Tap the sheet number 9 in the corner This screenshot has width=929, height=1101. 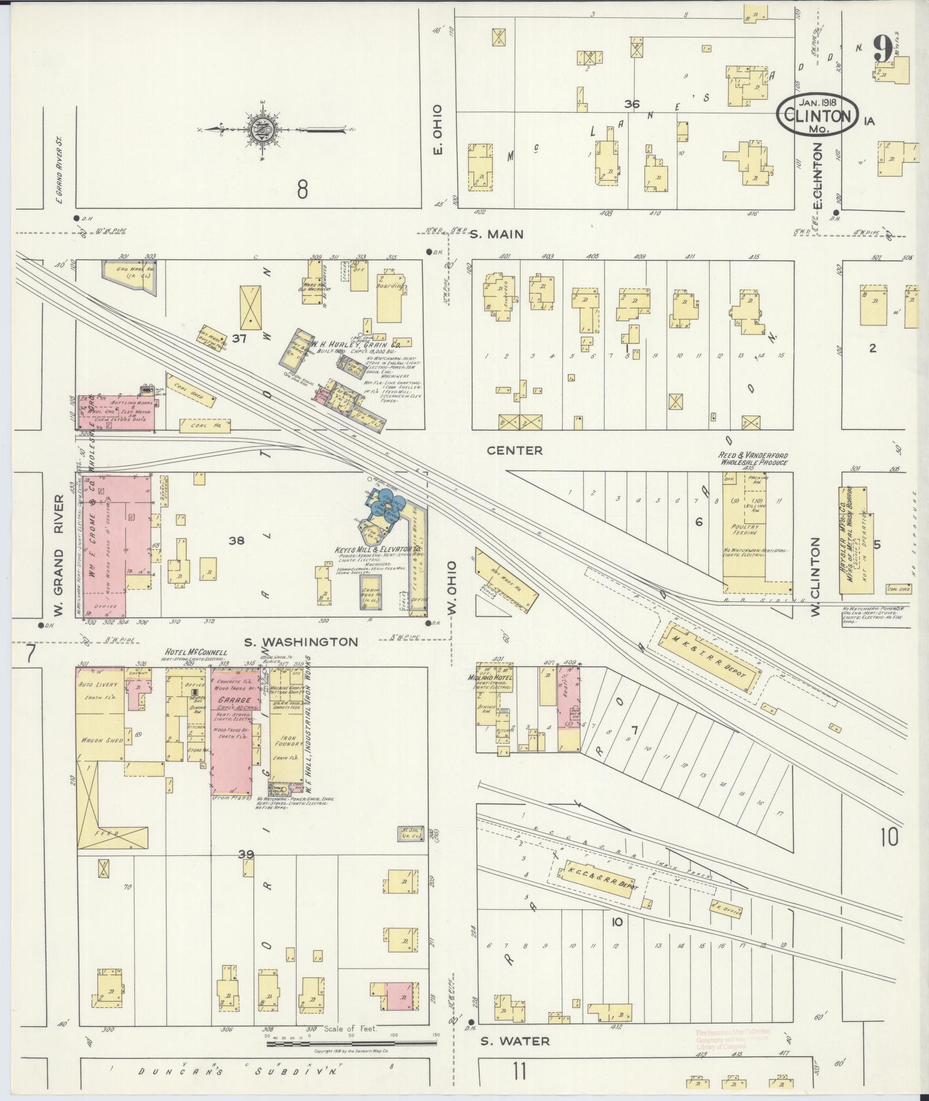click(x=882, y=49)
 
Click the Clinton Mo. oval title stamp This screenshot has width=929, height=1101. click(x=817, y=116)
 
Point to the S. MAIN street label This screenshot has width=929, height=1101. click(x=496, y=234)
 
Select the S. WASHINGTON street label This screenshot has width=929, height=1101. click(x=300, y=641)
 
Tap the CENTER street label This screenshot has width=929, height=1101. click(x=515, y=450)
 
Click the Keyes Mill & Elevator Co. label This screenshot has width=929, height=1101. click(x=376, y=550)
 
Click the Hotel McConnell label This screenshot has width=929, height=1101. click(x=196, y=652)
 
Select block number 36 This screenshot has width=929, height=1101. click(x=632, y=104)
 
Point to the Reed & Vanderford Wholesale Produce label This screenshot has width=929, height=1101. click(x=752, y=459)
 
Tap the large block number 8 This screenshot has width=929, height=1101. click(x=302, y=189)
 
